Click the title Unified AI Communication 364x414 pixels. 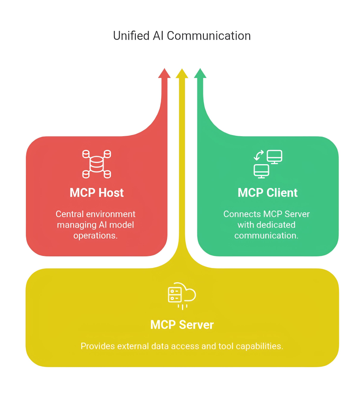182,36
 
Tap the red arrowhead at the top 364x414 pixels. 164,74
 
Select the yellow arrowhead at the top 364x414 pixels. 182,74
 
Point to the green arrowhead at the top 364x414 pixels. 200,74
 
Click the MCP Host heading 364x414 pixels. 97,193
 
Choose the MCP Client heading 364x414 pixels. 267,193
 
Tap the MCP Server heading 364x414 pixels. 182,325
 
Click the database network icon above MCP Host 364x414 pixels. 97,164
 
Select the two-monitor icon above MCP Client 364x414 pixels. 267,164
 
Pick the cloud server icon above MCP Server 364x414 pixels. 182,295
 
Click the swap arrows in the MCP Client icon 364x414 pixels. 259,155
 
